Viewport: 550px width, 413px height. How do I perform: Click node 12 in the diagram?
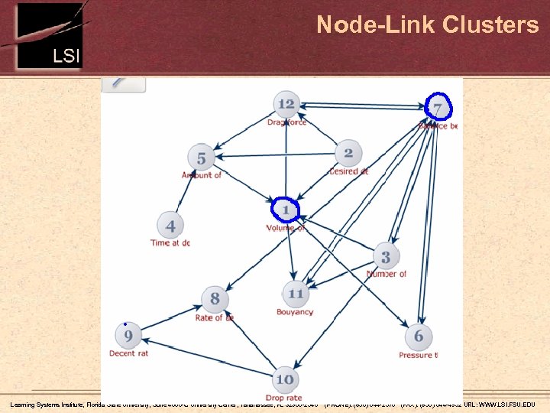(286, 104)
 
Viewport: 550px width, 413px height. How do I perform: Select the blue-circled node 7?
(438, 106)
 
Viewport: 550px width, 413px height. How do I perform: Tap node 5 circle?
(201, 158)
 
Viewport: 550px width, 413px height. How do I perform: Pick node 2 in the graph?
(348, 153)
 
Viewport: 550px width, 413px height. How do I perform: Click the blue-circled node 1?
(286, 210)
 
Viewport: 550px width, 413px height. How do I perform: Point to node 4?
(170, 226)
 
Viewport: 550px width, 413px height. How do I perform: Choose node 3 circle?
(386, 257)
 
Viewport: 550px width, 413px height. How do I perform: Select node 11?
(296, 294)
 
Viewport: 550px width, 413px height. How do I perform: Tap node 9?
(128, 335)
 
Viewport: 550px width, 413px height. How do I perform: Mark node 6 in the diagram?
(418, 337)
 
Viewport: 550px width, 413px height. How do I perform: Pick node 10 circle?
(284, 379)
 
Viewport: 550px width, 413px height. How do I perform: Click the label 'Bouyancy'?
(295, 312)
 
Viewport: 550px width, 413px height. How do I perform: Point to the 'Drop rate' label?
(283, 398)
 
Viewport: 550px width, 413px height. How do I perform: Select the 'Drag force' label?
(287, 122)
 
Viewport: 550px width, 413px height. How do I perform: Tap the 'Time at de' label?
(170, 243)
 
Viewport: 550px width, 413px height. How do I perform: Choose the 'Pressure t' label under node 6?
(418, 355)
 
